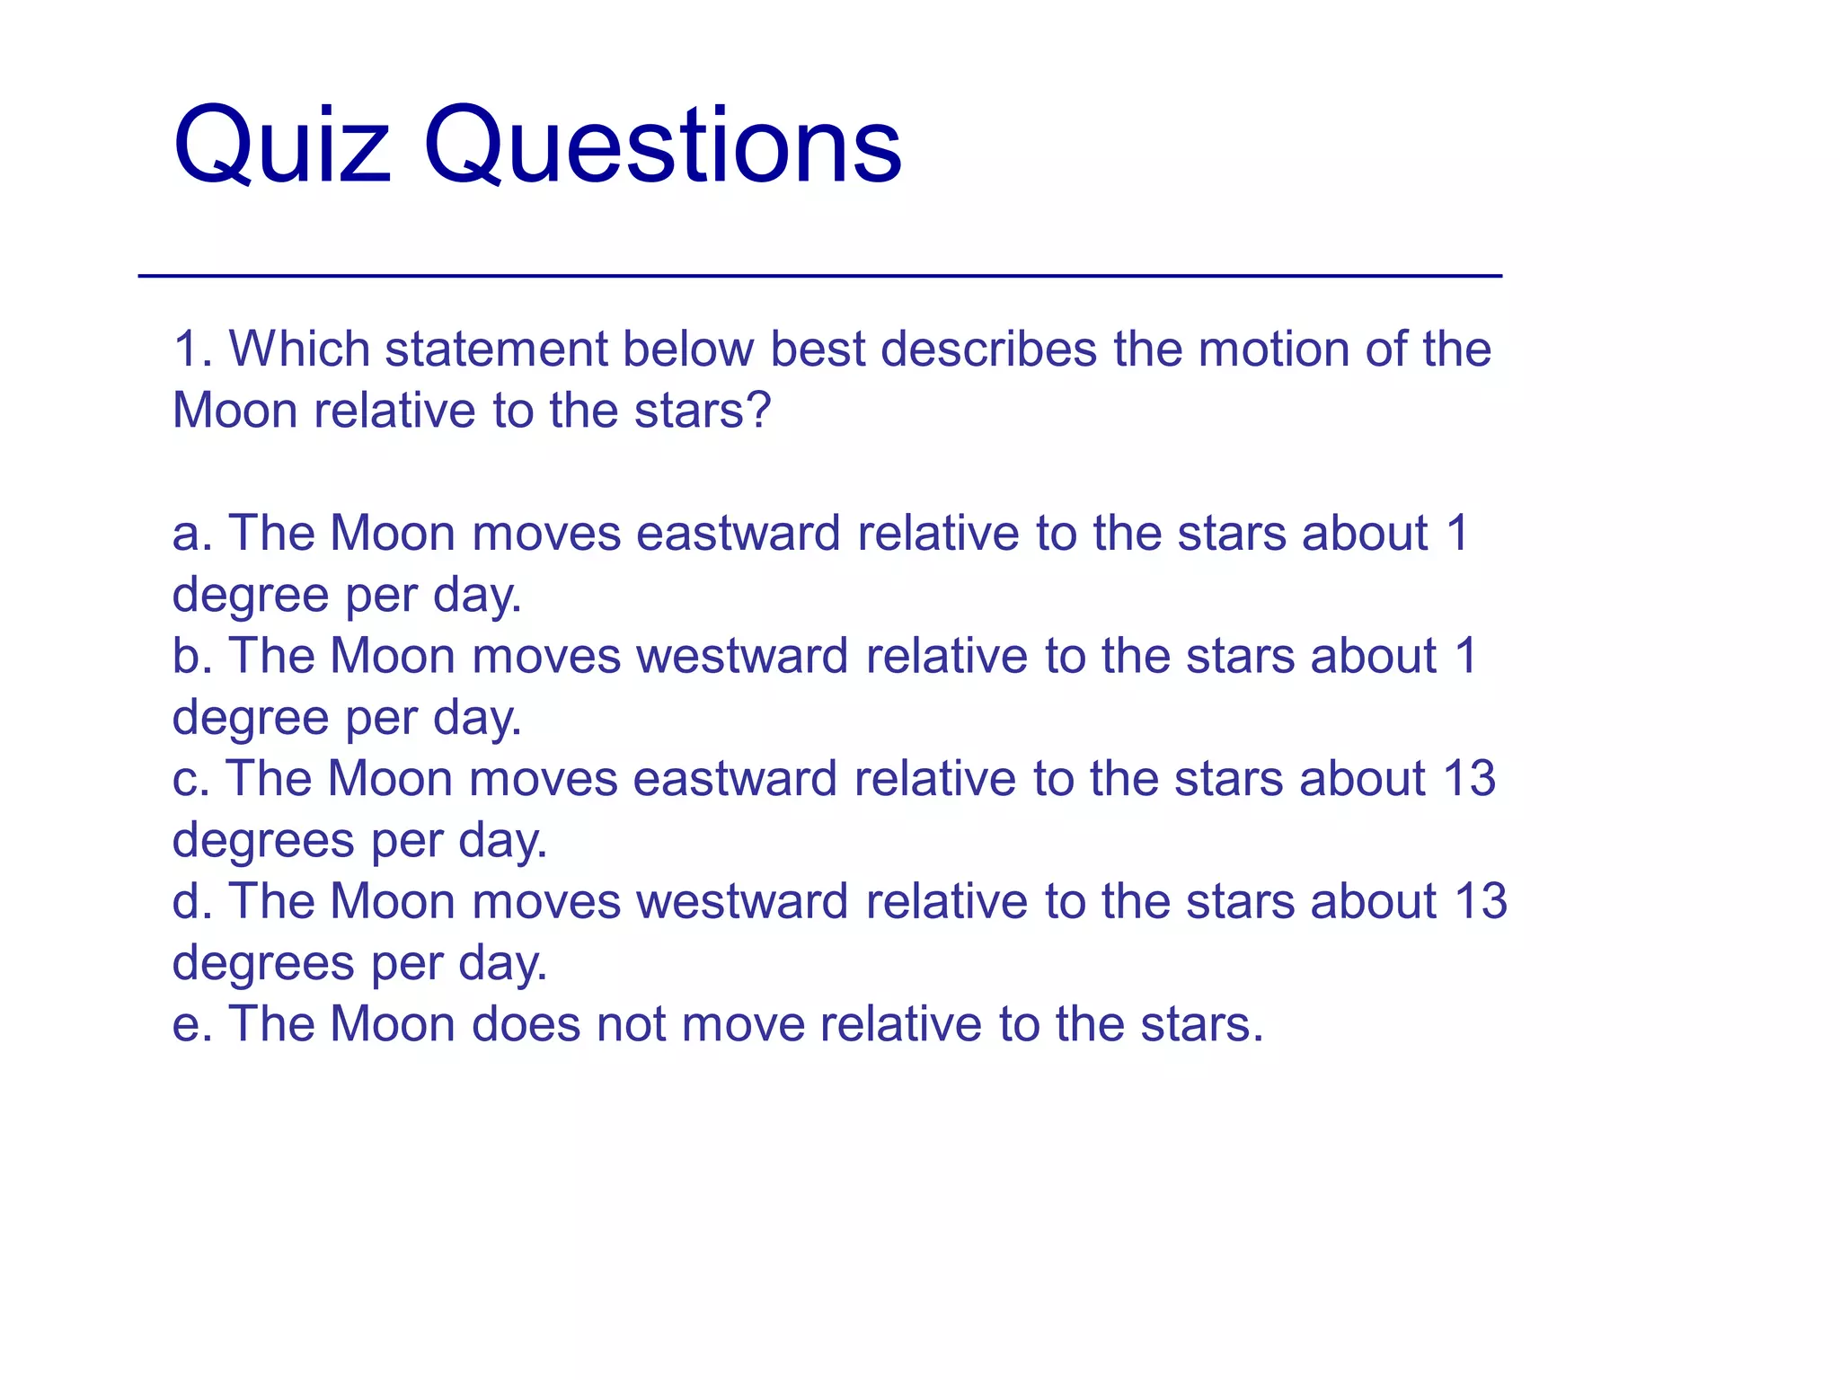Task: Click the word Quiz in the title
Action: [281, 146]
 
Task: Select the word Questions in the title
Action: [662, 146]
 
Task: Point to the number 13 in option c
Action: [1469, 779]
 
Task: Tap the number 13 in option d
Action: [1481, 901]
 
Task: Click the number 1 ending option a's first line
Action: [1457, 534]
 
